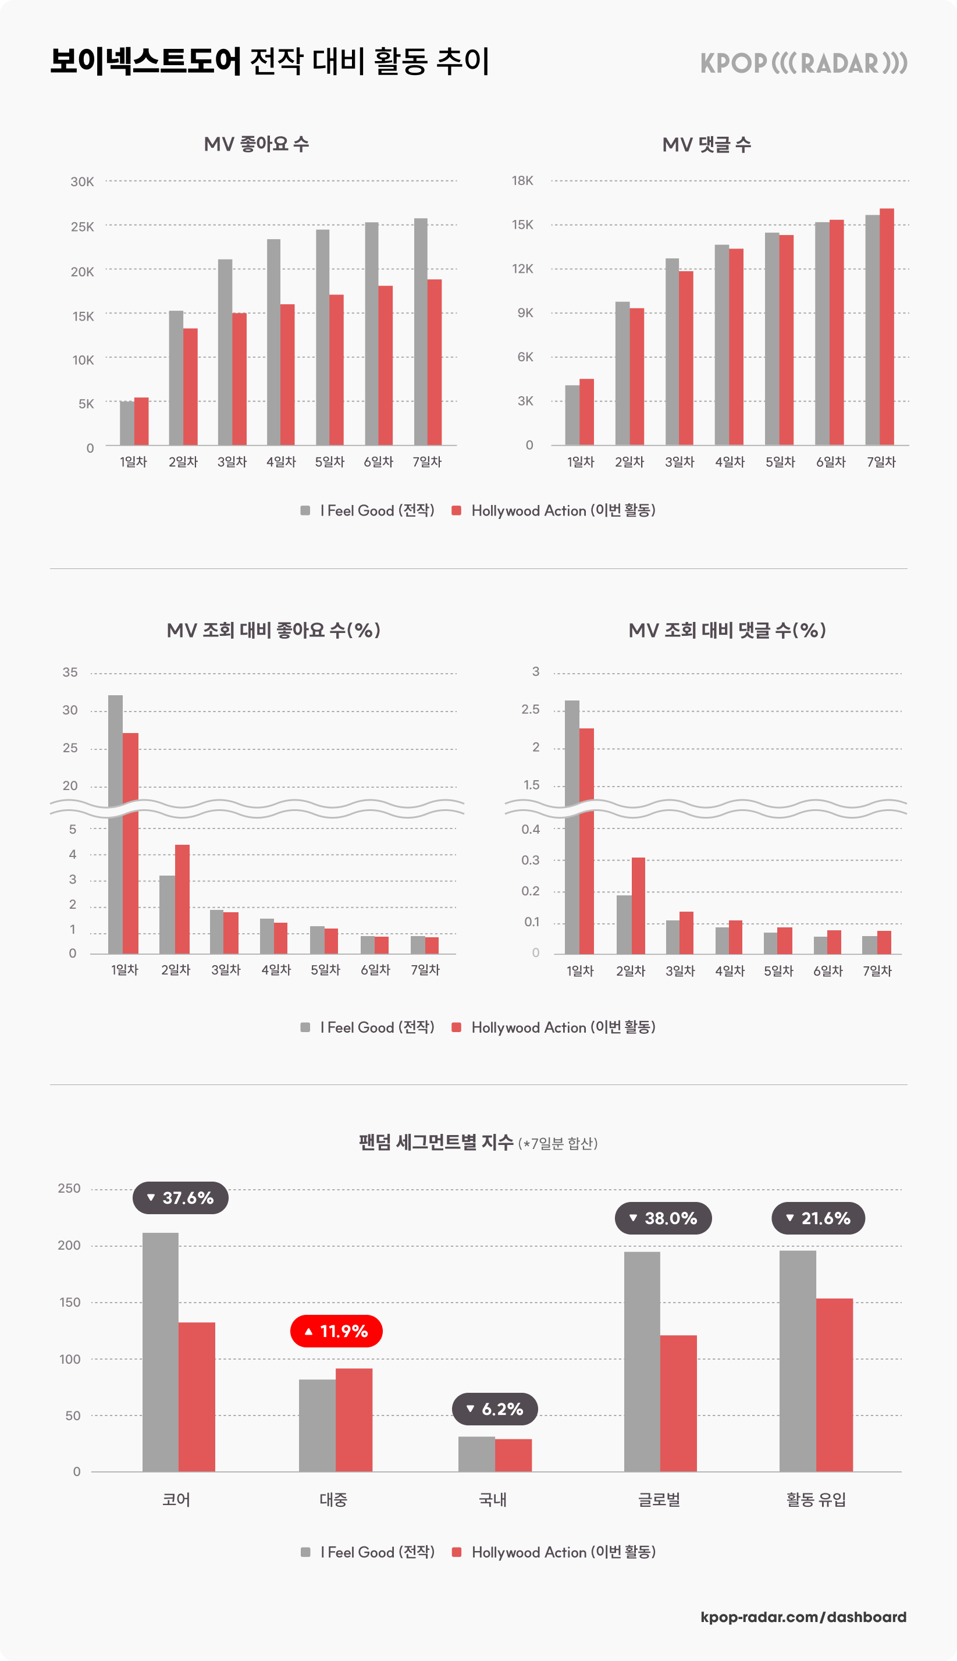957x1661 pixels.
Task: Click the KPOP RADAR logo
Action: pos(803,63)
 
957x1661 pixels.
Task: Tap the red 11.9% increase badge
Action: pos(336,1331)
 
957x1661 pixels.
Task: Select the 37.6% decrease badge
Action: pos(181,1197)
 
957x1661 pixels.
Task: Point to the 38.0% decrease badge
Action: pos(663,1218)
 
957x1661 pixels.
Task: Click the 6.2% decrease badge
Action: pos(495,1409)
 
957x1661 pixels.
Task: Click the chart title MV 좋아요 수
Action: pos(257,144)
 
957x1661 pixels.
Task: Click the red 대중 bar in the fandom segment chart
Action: pos(354,1420)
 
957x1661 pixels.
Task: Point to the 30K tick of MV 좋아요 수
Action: pos(82,182)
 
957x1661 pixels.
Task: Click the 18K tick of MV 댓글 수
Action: pos(522,181)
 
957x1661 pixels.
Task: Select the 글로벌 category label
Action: pos(659,1499)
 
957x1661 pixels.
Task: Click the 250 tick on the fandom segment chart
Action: pos(69,1189)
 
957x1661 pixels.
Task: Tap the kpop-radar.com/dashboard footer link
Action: pos(803,1617)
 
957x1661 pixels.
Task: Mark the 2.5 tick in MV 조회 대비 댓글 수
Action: pos(530,709)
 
